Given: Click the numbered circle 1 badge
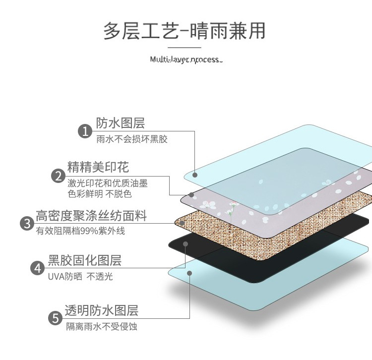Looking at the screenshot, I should tap(85, 131).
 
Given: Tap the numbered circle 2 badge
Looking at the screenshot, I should tap(58, 176).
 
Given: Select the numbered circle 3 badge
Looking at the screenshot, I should tap(26, 223).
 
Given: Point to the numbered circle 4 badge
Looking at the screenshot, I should tap(38, 268).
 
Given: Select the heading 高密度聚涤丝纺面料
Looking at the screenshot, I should tap(91, 216).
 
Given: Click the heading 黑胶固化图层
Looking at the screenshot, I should tap(85, 260).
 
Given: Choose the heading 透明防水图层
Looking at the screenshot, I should tap(101, 311).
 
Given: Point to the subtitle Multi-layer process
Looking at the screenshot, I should tap(186, 60).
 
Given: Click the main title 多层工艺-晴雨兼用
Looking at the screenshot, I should tap(185, 31).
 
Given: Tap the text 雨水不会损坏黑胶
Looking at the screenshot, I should tap(132, 139).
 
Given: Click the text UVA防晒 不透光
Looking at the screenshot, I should tap(80, 276).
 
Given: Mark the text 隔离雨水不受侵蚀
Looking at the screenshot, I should tap(101, 327).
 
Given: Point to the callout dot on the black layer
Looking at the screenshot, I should tap(186, 243).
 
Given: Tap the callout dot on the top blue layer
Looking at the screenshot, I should tap(195, 175).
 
